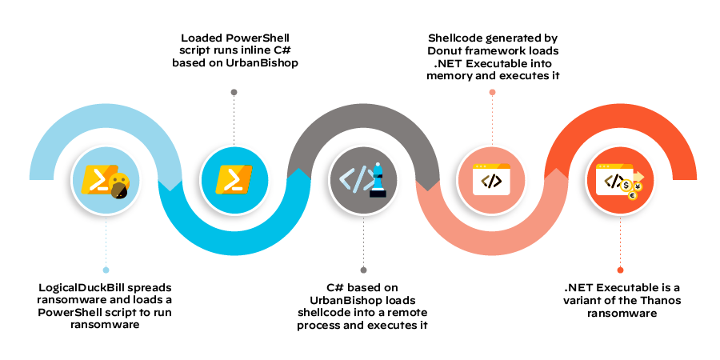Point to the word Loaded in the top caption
[202, 38]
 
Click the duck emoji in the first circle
[119, 186]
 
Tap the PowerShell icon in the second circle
[234, 180]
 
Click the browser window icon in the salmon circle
[491, 179]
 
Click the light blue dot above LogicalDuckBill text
[106, 270]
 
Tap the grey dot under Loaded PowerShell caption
[234, 92]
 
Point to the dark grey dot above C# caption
[363, 270]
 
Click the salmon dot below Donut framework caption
[492, 92]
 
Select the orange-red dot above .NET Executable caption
[620, 270]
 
